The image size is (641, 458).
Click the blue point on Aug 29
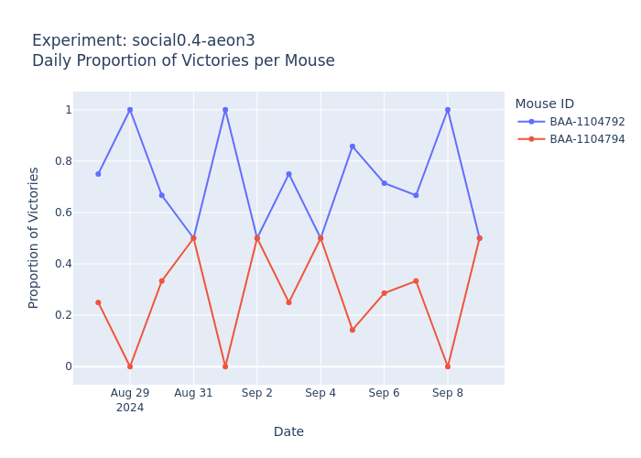pos(130,110)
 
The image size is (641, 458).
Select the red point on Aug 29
pos(130,366)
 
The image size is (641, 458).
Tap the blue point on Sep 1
pos(225,110)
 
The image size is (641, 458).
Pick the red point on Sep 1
pos(225,366)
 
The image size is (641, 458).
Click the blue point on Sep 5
pos(352,147)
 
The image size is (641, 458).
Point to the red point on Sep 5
pos(352,330)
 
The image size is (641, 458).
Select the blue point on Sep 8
pos(448,110)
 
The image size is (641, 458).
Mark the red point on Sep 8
pos(448,366)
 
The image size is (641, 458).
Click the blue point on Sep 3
pos(288,174)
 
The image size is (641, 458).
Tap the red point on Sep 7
pos(416,281)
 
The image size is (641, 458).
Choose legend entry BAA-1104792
pos(587,122)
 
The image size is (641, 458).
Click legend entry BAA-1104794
pos(587,139)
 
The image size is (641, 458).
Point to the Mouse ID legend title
pos(544,104)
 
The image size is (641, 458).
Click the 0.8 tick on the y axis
pos(62,161)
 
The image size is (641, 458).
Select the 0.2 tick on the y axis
pos(62,315)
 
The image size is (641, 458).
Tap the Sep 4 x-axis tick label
pos(320,393)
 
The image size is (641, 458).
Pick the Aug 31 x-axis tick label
pos(193,393)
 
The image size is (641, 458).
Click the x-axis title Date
pos(288,431)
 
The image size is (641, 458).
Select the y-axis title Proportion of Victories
pos(34,237)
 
